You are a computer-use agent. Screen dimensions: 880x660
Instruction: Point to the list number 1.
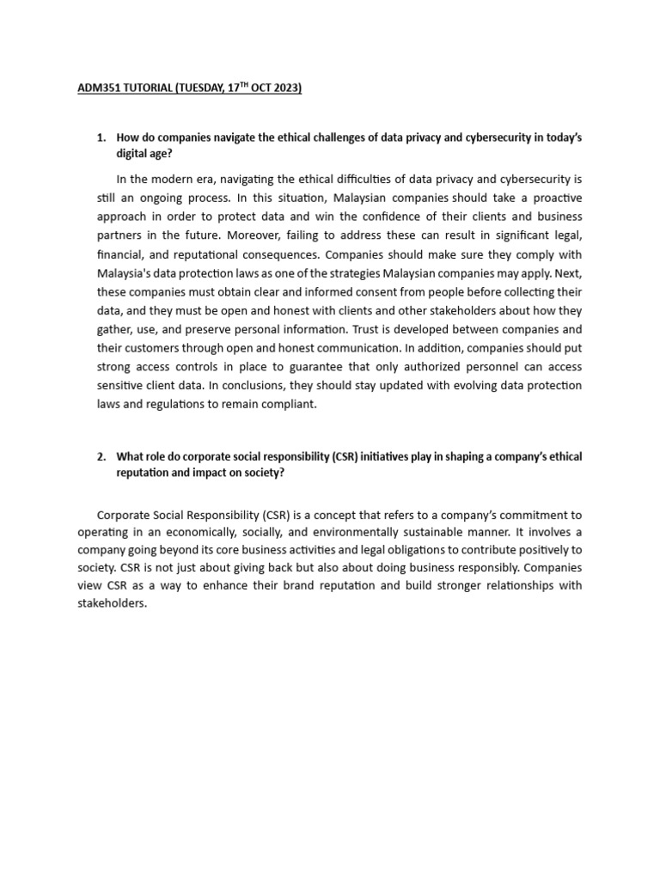(x=101, y=137)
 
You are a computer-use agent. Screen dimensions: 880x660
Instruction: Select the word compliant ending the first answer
(x=289, y=405)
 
